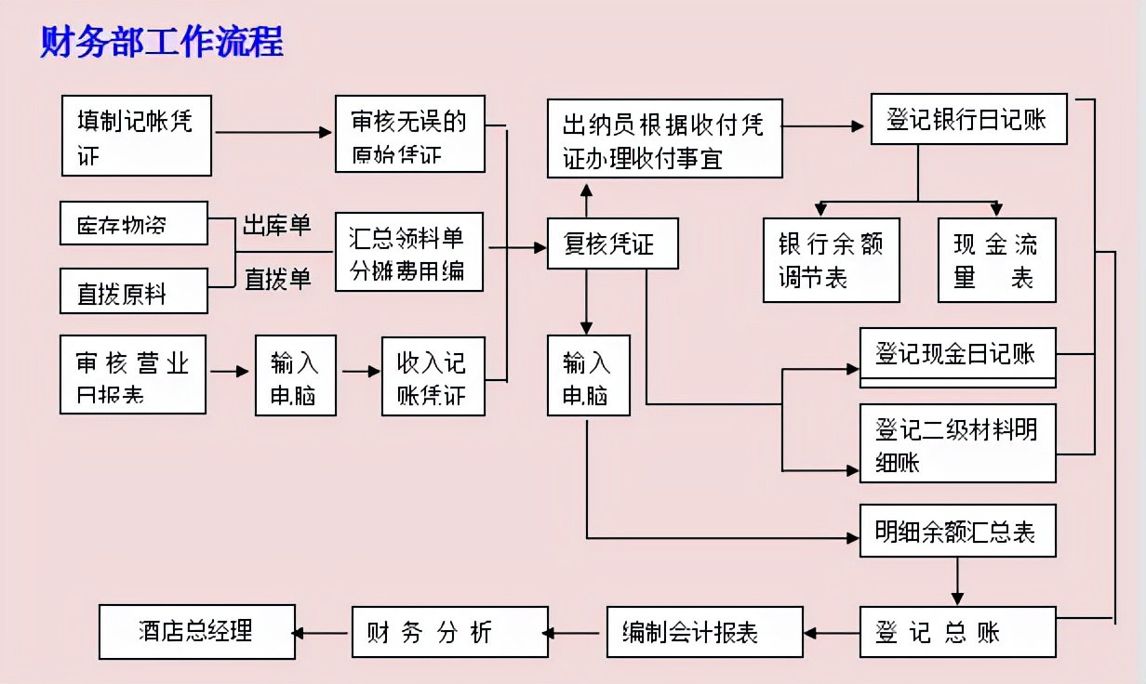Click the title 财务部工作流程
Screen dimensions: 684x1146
tap(162, 43)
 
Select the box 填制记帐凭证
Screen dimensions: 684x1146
tap(137, 135)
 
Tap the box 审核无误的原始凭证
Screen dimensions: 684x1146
tap(409, 134)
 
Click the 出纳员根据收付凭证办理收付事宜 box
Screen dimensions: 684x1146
tap(664, 138)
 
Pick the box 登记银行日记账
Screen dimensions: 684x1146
tap(968, 119)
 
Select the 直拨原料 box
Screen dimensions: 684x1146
tap(133, 291)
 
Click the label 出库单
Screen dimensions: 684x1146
tap(276, 226)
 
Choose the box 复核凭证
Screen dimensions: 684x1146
tap(612, 243)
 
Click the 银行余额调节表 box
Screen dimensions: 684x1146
tap(831, 259)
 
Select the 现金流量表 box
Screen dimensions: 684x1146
tap(996, 259)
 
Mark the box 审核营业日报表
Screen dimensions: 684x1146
tap(132, 375)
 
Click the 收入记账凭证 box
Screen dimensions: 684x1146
tap(433, 375)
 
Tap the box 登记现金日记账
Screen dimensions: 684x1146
tap(957, 356)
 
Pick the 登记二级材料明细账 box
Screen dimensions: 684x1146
tap(957, 442)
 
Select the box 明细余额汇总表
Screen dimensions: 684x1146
tap(957, 531)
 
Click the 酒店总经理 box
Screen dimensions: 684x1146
tap(196, 632)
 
